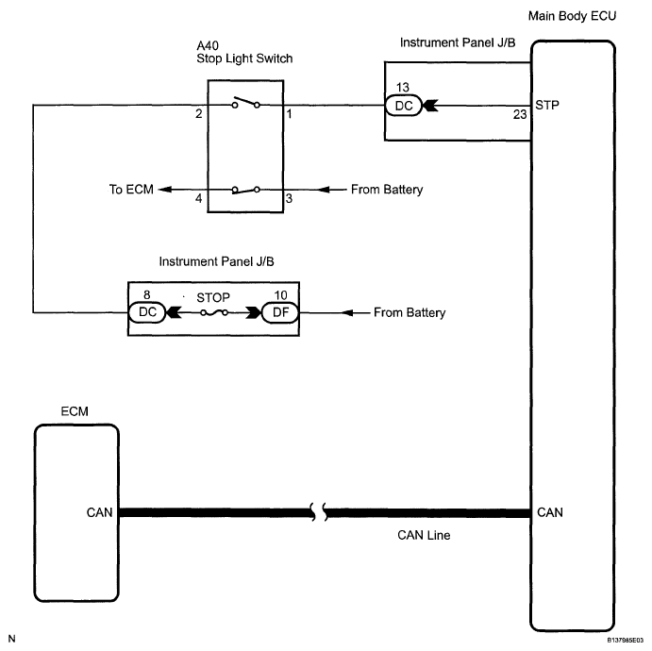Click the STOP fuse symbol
214,312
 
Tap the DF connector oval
280,312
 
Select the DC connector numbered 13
403,106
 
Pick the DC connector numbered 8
147,312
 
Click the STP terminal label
547,105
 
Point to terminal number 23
520,114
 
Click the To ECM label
131,190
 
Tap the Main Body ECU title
572,16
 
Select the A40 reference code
208,45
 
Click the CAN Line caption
424,535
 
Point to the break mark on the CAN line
319,512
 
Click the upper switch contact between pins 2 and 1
245,102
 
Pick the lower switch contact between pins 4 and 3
245,190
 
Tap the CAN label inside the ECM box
99,512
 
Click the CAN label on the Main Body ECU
550,512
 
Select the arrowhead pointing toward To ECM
165,190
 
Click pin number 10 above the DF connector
280,295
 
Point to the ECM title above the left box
75,411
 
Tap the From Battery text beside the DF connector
410,312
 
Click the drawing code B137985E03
625,641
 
